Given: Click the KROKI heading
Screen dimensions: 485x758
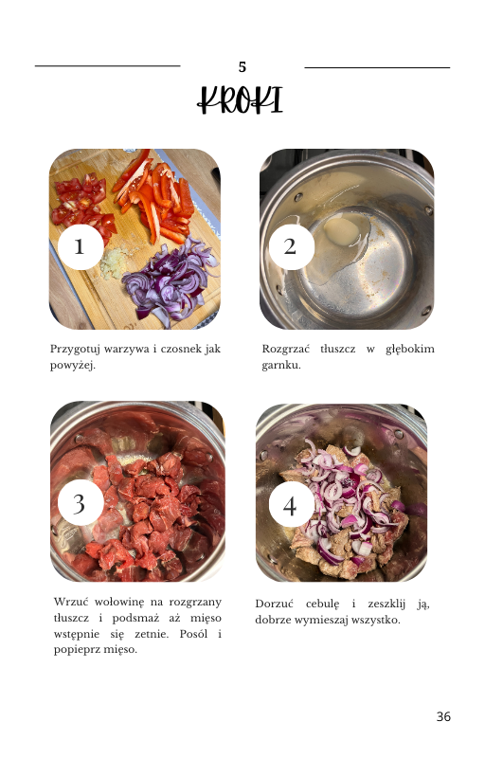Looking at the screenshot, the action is [x=240, y=100].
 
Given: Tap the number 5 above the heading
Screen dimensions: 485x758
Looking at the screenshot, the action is [x=242, y=67].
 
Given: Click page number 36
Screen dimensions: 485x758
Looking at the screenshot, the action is [x=443, y=716].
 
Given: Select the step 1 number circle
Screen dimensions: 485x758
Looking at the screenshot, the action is [x=81, y=247].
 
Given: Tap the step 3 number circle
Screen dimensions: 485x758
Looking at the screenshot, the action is [x=81, y=503].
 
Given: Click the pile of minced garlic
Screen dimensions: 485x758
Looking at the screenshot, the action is [x=112, y=263].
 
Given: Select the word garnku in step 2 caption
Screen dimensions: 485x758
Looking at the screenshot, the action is [x=281, y=366].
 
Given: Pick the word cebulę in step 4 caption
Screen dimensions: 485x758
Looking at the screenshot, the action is [x=322, y=605].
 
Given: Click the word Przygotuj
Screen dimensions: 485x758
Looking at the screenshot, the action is [x=75, y=350].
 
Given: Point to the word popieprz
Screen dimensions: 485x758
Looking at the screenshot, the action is [x=74, y=650].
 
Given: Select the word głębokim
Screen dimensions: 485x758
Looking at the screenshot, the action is [x=409, y=350].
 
